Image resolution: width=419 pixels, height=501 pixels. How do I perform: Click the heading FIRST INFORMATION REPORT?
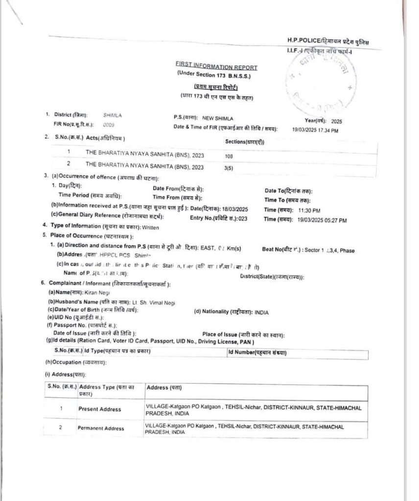(x=215, y=67)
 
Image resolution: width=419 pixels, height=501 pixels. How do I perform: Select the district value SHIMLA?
(x=112, y=115)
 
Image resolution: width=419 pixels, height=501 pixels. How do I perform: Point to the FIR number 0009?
(x=109, y=125)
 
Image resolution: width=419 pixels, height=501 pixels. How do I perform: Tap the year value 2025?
(x=337, y=120)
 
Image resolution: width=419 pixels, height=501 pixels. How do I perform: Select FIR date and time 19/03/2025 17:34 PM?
(x=316, y=130)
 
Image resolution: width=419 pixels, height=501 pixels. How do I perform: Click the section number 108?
(x=229, y=156)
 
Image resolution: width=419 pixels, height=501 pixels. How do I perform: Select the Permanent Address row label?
(x=100, y=429)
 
